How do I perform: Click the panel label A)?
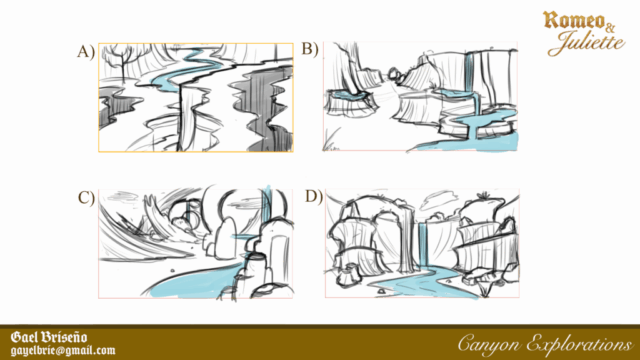[86, 52]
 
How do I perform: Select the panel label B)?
[310, 49]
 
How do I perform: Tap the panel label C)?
[86, 198]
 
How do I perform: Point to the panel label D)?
[313, 196]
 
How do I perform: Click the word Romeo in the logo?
[573, 20]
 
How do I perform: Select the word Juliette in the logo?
[586, 43]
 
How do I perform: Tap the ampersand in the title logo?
[610, 28]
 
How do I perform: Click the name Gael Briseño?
[49, 337]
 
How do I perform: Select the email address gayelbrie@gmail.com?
[63, 351]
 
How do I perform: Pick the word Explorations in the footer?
[580, 344]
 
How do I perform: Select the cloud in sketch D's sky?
[438, 202]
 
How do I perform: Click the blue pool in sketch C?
[196, 282]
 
